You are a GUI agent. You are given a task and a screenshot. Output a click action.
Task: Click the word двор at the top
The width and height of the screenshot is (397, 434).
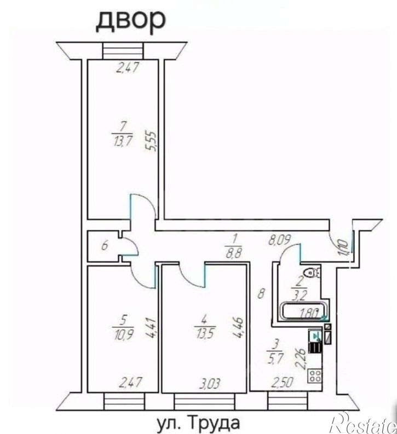point(131,22)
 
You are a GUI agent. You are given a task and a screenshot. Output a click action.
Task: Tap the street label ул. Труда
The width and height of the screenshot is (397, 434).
point(198,423)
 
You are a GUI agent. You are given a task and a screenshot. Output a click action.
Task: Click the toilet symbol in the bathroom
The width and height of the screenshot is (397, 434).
point(312,273)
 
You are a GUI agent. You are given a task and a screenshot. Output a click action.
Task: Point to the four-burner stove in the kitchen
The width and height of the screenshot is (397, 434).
point(314,375)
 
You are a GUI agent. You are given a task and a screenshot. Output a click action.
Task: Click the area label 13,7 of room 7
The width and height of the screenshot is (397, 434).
point(123,142)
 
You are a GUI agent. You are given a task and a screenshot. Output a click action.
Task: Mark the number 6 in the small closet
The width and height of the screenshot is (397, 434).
point(105,246)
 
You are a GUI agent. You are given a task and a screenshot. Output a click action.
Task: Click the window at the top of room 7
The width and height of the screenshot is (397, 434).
point(123,50)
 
